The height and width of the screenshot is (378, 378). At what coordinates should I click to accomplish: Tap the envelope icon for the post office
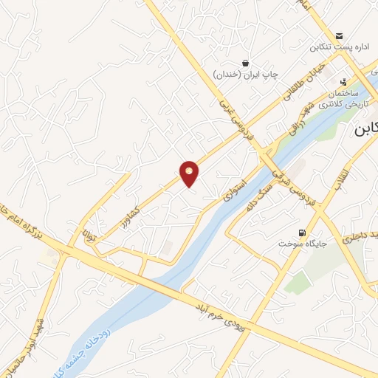coord(339,36)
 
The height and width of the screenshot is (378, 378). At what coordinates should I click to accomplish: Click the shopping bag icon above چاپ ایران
coord(245,63)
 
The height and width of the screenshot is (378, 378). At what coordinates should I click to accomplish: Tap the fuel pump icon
coord(300,230)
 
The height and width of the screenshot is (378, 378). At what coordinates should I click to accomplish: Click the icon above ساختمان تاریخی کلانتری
coord(343,83)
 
